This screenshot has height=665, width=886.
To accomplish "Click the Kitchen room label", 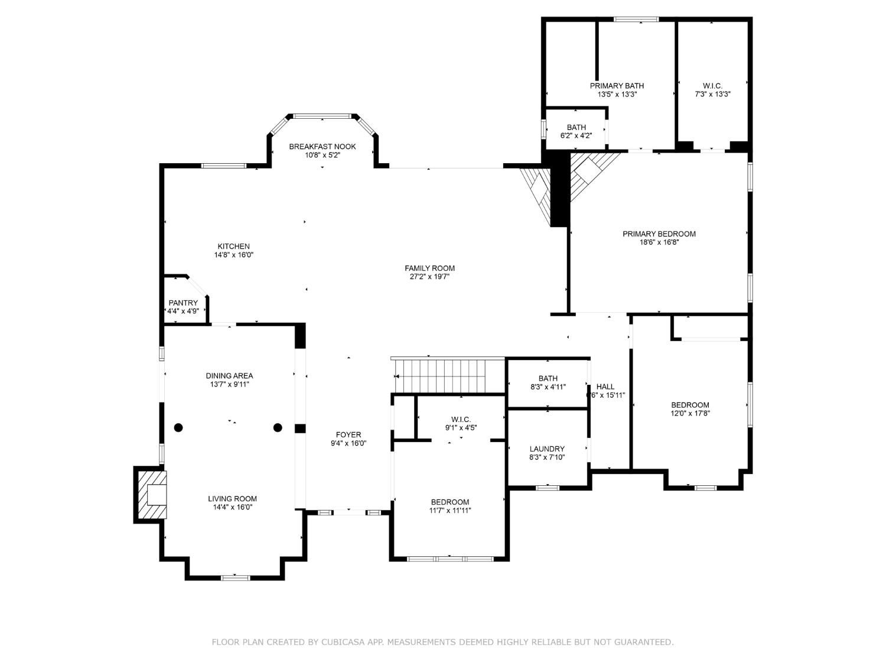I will (x=233, y=246).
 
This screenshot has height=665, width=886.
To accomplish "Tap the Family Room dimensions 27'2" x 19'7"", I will (x=429, y=277).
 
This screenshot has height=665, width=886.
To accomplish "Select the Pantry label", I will (x=183, y=303).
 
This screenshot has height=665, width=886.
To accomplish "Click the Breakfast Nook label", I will (x=322, y=147).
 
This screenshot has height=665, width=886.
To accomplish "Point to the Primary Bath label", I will (x=617, y=86).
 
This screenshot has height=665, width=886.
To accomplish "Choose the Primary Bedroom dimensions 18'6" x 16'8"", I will (x=659, y=242).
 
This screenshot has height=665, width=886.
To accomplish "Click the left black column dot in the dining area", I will (x=178, y=427).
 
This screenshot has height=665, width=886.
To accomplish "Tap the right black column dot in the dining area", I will (x=278, y=427).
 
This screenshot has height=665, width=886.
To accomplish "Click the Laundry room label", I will (x=547, y=449).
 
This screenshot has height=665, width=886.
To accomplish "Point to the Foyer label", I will (x=348, y=434).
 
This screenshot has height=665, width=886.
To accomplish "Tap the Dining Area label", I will (x=229, y=375).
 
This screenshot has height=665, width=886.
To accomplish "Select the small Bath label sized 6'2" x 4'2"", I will (x=576, y=127).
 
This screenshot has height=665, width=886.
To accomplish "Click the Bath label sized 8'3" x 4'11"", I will (x=548, y=378).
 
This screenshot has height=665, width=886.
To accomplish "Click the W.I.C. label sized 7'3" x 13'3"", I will (x=712, y=86).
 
